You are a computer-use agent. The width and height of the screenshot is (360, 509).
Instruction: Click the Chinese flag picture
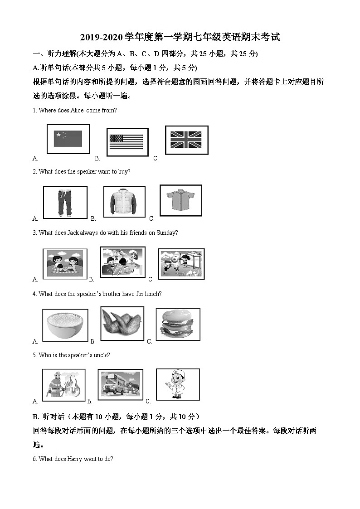(68, 139)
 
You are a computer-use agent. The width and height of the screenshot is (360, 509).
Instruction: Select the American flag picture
(126, 142)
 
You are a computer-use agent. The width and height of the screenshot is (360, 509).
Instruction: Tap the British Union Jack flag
(186, 140)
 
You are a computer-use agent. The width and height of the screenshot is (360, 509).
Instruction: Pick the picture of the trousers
(65, 202)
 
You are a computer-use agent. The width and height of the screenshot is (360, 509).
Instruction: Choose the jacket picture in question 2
(124, 202)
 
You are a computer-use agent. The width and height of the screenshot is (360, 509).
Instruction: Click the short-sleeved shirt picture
(180, 200)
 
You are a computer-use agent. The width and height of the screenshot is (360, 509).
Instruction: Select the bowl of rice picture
(65, 325)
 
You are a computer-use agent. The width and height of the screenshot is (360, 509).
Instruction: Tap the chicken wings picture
(122, 324)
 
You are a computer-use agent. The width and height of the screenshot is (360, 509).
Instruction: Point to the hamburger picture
(178, 324)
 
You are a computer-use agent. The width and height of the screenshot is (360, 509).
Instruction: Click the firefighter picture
(63, 385)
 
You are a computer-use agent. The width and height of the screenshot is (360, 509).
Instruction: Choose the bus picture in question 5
(120, 385)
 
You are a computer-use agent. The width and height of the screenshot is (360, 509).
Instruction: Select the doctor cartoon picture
(177, 384)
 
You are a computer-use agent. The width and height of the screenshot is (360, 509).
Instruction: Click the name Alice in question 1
(77, 110)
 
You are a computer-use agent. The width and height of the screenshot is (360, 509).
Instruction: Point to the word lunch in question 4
(152, 294)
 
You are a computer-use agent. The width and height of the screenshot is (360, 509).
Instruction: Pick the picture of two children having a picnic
(64, 263)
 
